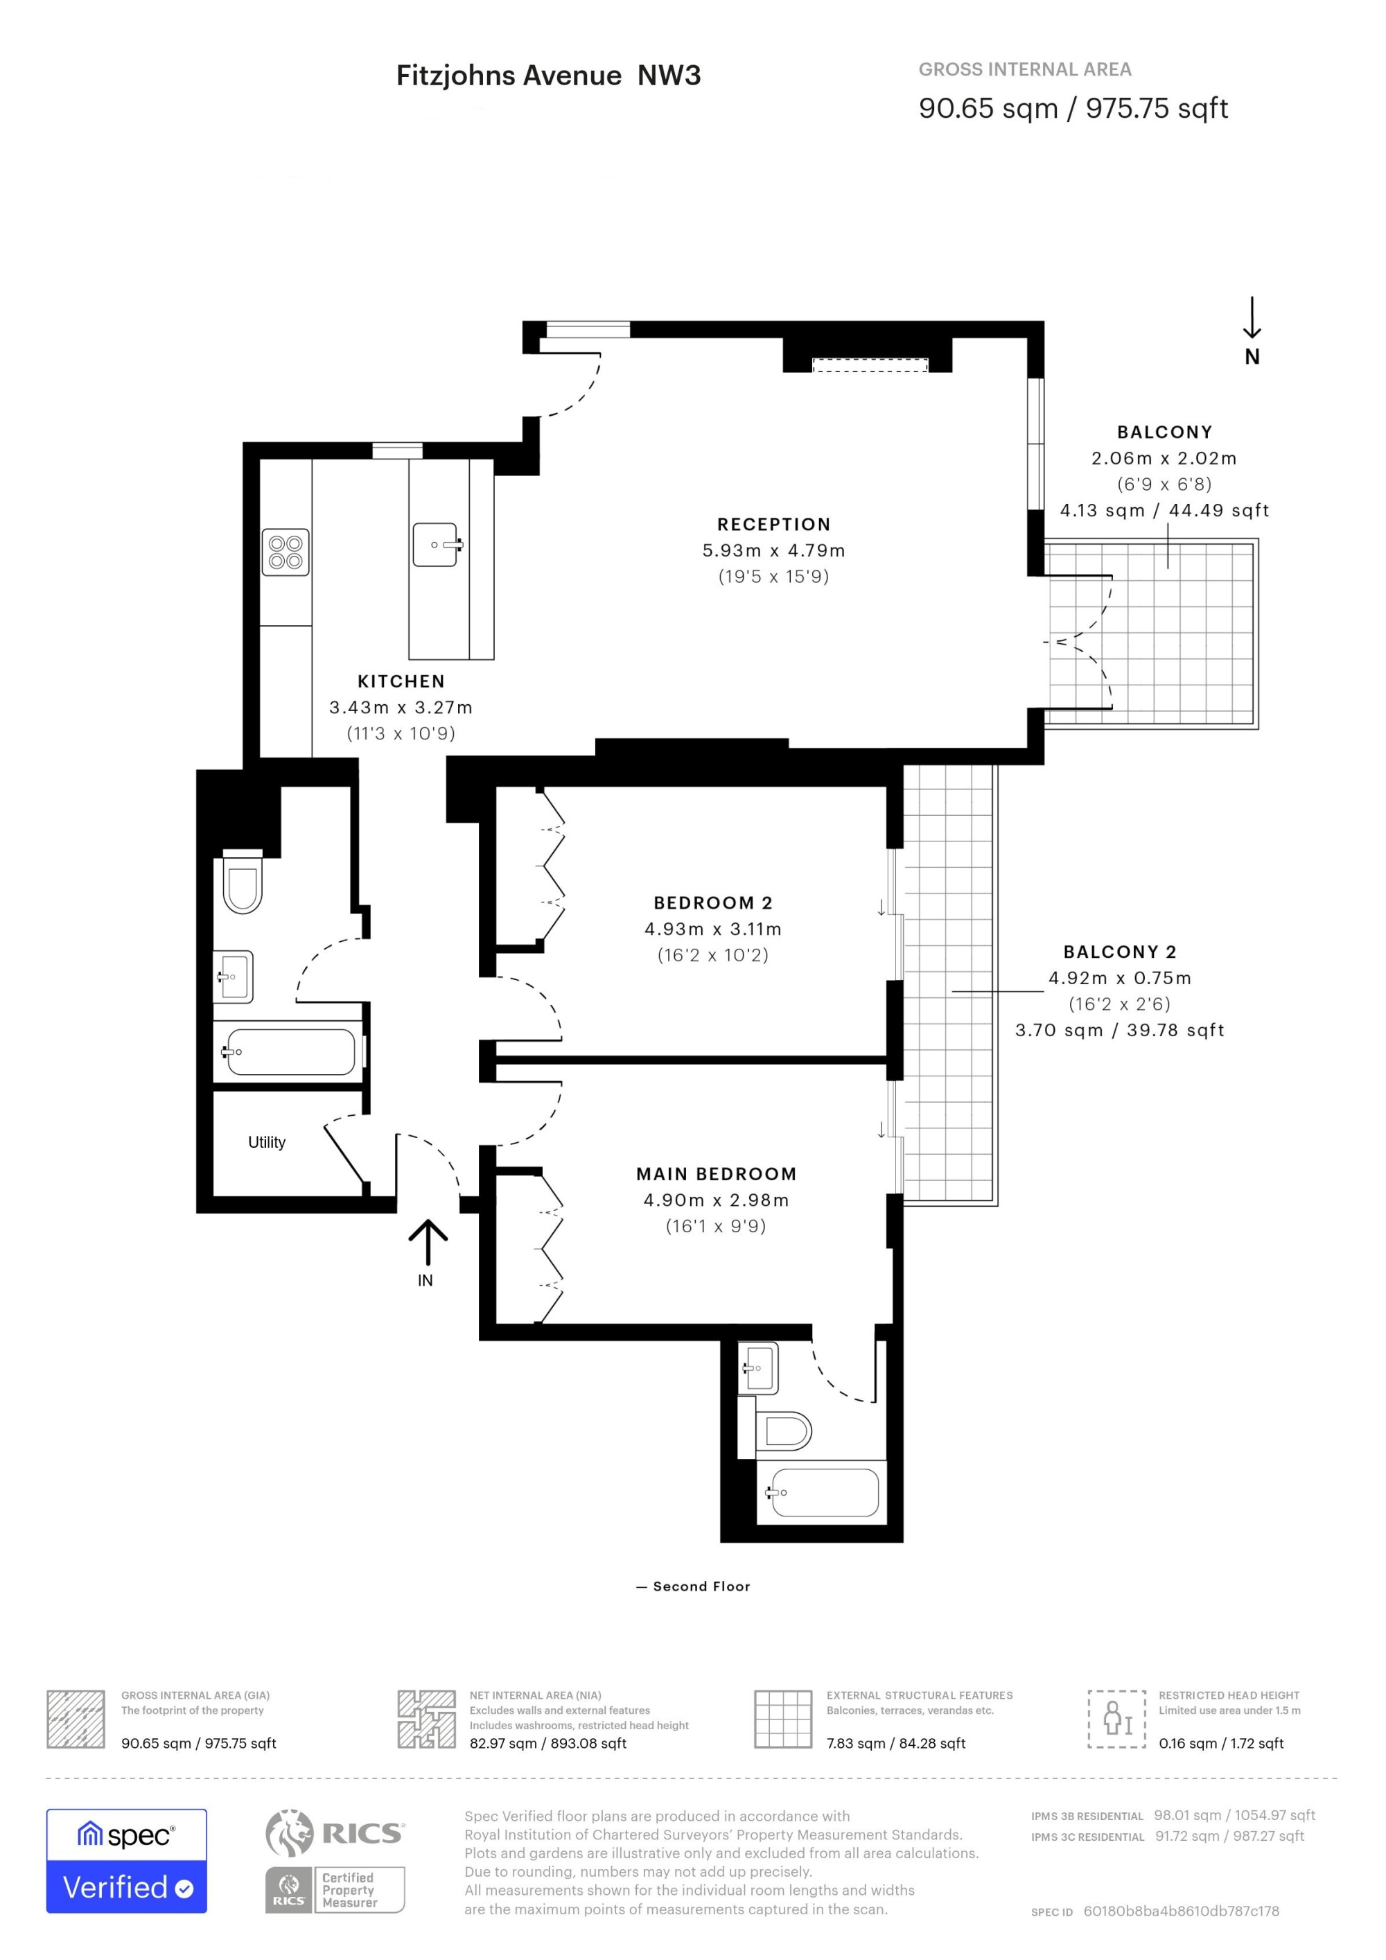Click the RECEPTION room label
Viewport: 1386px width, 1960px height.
point(773,524)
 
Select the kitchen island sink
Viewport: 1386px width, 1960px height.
point(438,545)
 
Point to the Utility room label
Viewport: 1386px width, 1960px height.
point(266,1142)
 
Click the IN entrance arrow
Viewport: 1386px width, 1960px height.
point(428,1242)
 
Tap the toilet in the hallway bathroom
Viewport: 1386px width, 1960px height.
point(243,881)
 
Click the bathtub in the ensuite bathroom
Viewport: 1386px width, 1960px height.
point(822,1492)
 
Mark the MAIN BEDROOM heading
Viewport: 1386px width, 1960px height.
point(716,1174)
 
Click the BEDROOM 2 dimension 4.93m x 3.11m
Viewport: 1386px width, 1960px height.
point(712,929)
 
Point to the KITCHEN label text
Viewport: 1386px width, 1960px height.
point(401,681)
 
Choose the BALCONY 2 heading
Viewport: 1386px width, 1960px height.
point(1120,952)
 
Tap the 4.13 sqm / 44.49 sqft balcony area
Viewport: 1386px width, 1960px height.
point(1164,511)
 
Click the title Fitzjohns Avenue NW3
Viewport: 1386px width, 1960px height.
point(548,76)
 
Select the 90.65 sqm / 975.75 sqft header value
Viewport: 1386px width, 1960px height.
point(1073,108)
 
